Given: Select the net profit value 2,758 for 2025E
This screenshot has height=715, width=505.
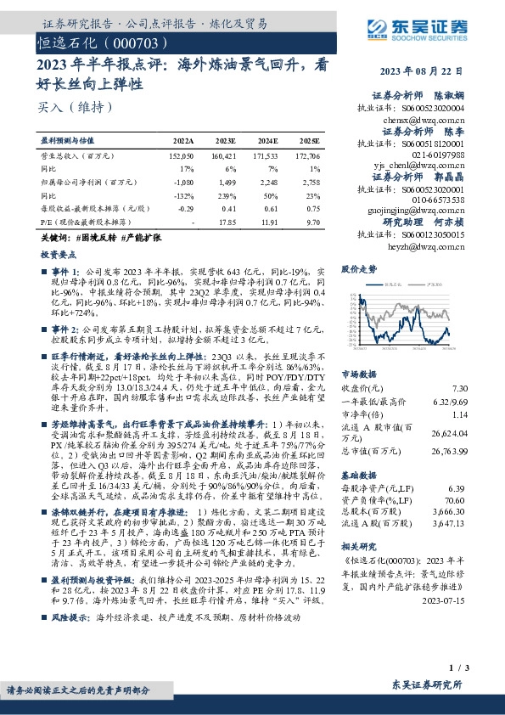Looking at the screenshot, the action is point(311,182).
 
